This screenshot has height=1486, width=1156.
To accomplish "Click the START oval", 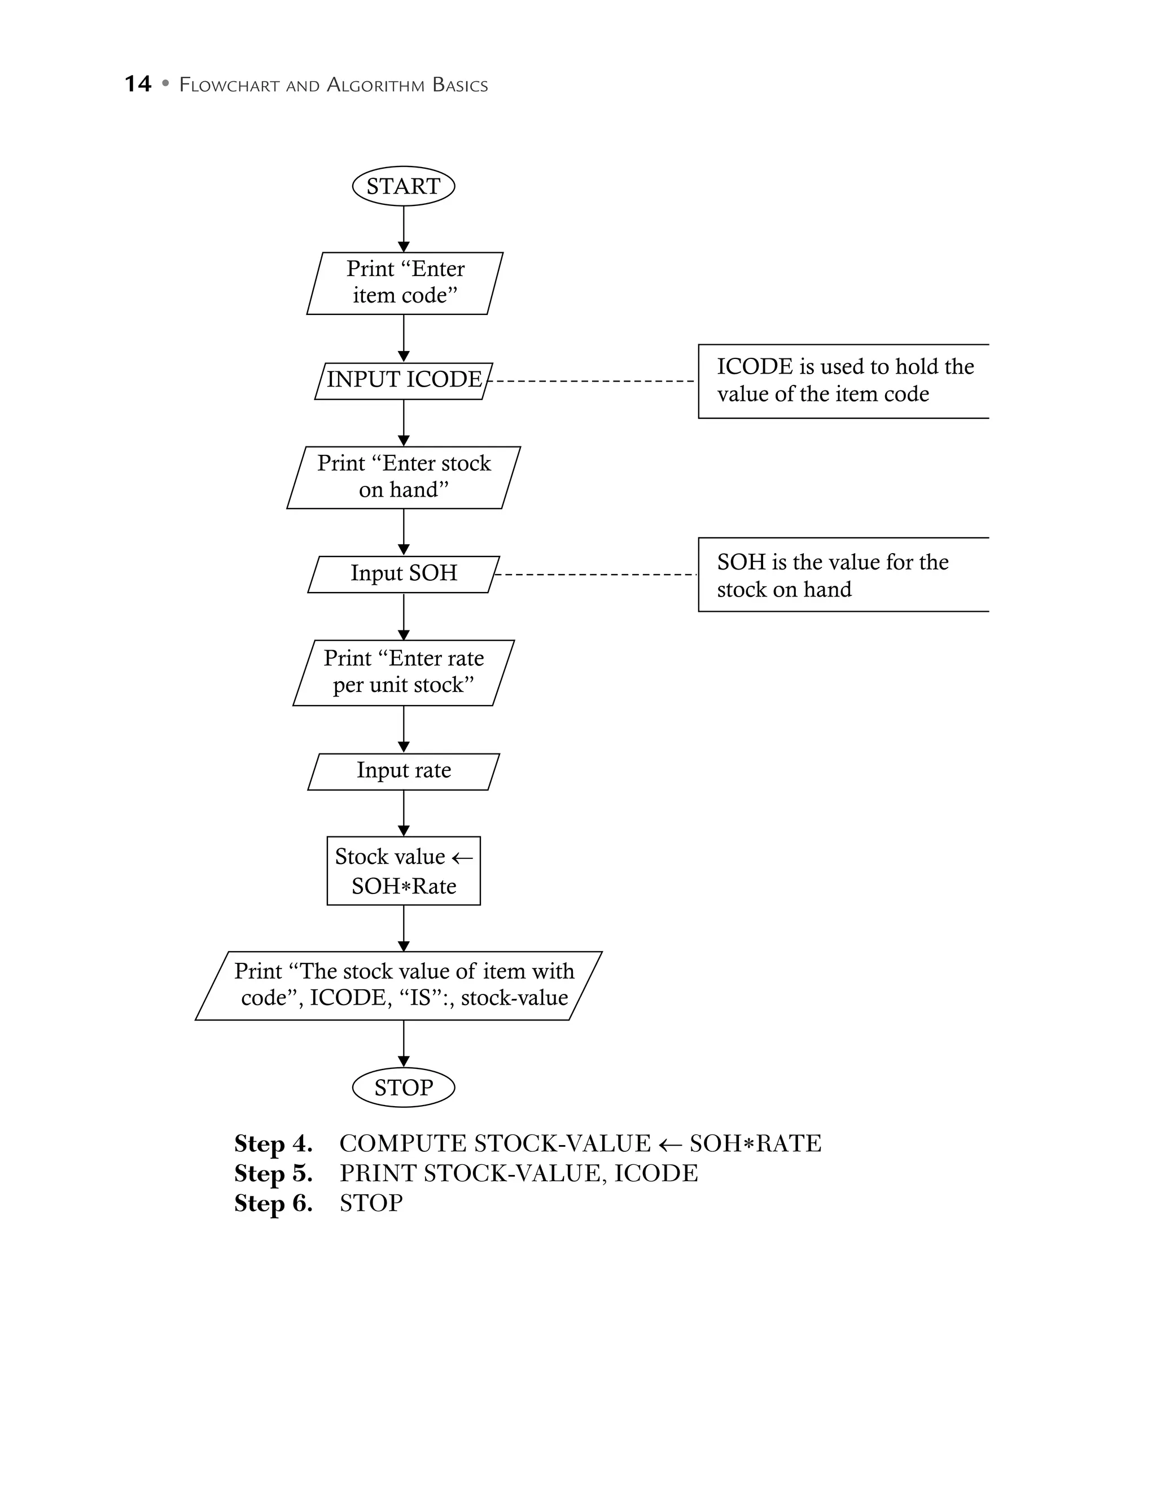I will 403,186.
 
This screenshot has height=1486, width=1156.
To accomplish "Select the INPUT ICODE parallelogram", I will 403,380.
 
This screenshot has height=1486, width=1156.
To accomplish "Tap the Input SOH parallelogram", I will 403,573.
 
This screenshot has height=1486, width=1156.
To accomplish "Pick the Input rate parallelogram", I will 403,770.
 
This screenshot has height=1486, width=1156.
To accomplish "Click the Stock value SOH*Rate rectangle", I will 403,870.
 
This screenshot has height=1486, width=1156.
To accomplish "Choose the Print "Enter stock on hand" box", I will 403,477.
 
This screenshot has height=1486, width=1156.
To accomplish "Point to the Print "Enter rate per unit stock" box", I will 403,672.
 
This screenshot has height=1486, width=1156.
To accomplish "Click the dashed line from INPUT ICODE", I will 592,380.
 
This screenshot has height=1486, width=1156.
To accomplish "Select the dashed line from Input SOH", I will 595,575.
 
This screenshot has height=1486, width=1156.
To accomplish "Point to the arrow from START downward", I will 403,228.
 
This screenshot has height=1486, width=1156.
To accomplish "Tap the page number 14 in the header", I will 137,84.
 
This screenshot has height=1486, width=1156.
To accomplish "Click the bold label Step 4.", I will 273,1143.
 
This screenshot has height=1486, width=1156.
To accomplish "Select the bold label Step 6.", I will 273,1203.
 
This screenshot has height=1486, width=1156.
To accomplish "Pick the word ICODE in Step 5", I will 656,1173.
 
